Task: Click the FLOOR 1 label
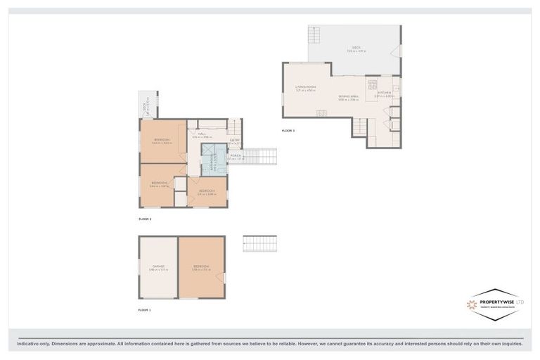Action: point(145,309)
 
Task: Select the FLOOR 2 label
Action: point(145,219)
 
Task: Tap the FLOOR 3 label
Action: point(288,130)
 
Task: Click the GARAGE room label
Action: point(158,267)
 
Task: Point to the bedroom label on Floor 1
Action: point(201,267)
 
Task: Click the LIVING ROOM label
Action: point(305,88)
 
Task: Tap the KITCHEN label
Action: point(383,93)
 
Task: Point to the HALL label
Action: point(201,134)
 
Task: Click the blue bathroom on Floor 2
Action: point(214,160)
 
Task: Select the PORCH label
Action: point(236,156)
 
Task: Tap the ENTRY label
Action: point(234,141)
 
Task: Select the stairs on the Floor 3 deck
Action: point(314,34)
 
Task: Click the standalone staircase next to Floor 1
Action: point(259,243)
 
